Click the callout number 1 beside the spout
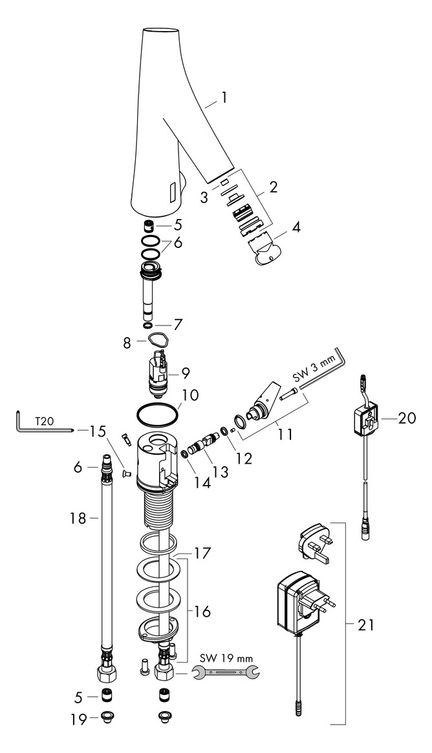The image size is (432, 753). (x=224, y=98)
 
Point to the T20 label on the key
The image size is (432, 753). (x=44, y=420)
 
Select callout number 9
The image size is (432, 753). (x=186, y=373)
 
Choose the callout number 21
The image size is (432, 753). (x=367, y=625)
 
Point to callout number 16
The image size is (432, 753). (x=203, y=611)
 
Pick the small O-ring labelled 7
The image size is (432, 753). (x=147, y=325)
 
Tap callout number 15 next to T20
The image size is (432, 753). (x=97, y=429)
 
